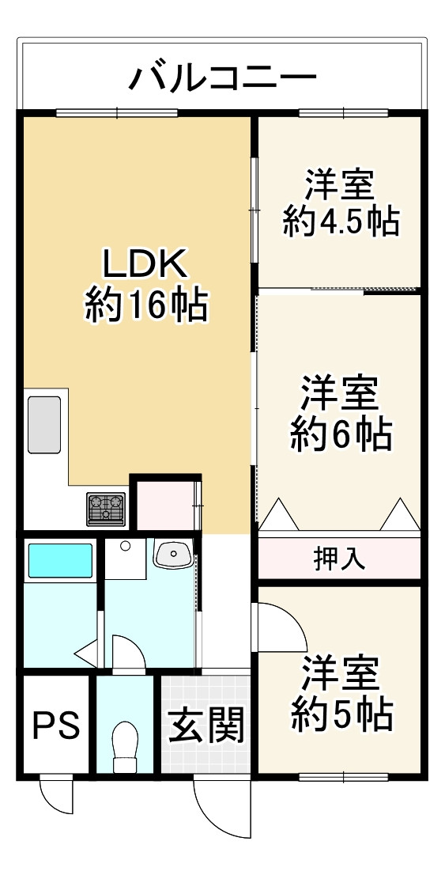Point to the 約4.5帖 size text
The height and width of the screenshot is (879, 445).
tap(340, 222)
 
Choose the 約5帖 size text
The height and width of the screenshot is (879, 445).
tap(341, 715)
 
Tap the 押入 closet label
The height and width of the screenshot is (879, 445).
tap(339, 559)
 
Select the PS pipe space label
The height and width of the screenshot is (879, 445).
tap(55, 725)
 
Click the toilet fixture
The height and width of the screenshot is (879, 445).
tap(125, 747)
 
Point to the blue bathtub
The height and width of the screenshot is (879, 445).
tap(60, 561)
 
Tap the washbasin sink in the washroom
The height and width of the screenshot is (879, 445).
tap(173, 555)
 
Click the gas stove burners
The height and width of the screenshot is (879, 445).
tap(106, 508)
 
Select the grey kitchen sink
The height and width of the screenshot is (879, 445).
tap(45, 424)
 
